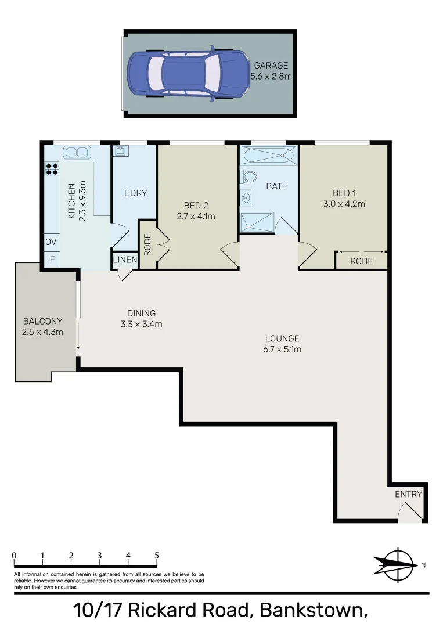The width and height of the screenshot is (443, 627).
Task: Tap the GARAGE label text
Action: click(x=271, y=66)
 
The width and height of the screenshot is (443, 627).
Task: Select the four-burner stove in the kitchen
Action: click(x=52, y=169)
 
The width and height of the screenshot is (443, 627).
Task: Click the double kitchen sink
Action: click(x=77, y=153)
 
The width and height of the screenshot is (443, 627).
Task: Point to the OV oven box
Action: click(x=51, y=242)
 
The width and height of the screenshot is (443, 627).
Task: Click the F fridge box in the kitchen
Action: click(x=52, y=260)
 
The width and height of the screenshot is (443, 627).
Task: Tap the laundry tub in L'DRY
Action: click(x=121, y=152)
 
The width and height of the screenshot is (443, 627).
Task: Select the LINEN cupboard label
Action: click(x=125, y=260)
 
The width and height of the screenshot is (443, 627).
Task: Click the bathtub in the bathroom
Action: click(x=269, y=156)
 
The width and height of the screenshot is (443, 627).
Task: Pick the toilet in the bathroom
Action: click(x=249, y=176)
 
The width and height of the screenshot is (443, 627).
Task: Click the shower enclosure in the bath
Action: click(x=256, y=222)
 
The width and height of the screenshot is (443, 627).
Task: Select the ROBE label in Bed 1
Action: click(x=361, y=261)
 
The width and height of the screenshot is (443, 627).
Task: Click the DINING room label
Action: click(x=137, y=313)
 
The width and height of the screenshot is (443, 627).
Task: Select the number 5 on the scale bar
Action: click(x=157, y=555)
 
